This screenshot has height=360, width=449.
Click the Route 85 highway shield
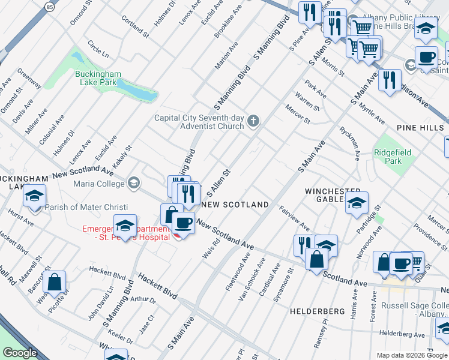tap(49, 7)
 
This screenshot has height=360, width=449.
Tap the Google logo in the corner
tap(20, 353)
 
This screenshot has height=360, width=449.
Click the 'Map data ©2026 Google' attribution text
tap(411, 355)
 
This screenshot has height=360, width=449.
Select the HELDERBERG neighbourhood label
tap(316, 311)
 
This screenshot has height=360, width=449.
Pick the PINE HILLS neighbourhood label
tap(420, 128)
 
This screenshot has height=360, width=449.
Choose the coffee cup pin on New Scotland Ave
tap(184, 223)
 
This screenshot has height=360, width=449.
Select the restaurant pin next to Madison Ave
tap(390, 80)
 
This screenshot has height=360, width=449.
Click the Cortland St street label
tap(134, 24)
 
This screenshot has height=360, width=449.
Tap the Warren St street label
tap(307, 101)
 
